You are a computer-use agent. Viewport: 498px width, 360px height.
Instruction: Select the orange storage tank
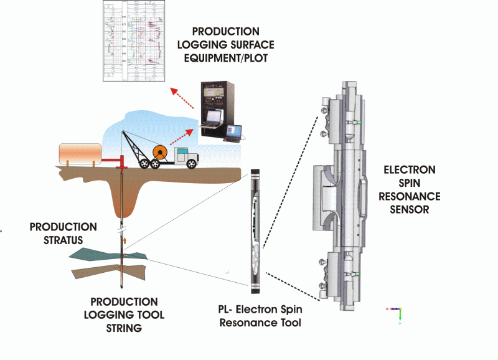coord(79,153)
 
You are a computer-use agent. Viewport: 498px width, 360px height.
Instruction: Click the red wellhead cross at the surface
coord(121,167)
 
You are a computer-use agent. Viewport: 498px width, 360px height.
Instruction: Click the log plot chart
coord(135,40)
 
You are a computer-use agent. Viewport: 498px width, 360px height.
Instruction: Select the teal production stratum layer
coord(93,254)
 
